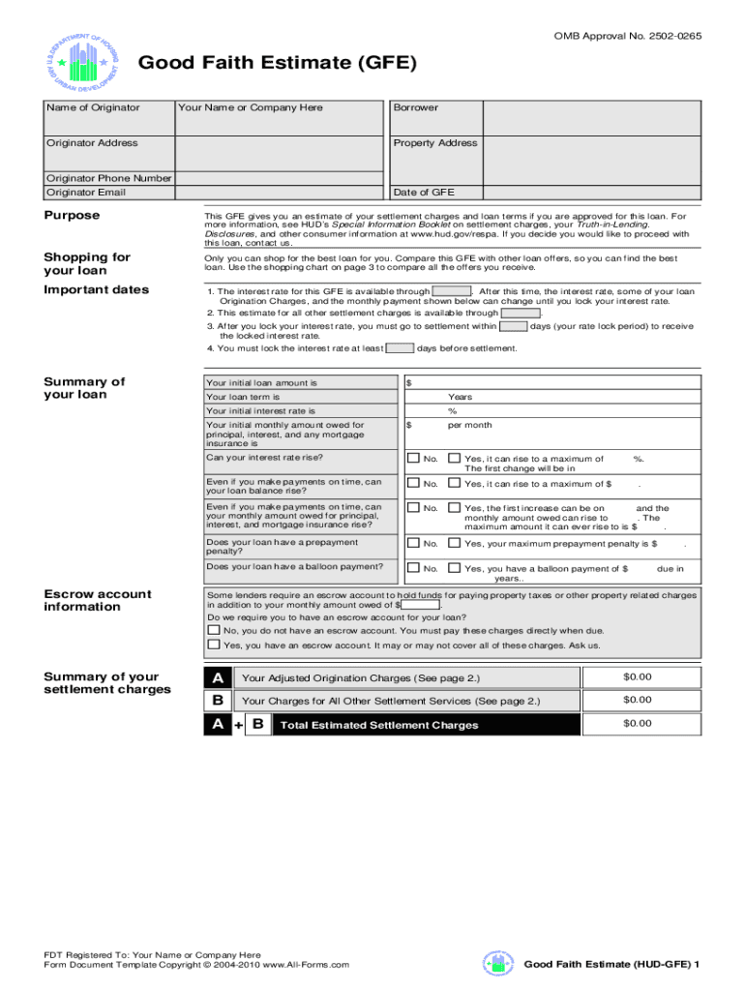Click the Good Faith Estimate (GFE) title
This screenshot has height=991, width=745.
[279, 64]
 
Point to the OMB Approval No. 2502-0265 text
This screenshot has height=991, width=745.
[627, 36]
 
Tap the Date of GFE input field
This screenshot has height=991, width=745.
[590, 192]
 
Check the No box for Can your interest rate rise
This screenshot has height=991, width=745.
[413, 459]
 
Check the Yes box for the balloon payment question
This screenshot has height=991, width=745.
[455, 568]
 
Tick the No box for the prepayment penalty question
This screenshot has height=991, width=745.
[413, 544]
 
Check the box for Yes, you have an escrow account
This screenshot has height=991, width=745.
[214, 645]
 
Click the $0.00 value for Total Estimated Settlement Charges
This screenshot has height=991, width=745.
[638, 724]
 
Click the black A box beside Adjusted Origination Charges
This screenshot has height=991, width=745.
[218, 676]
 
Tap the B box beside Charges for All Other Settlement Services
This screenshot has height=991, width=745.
[218, 700]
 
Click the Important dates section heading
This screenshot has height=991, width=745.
[96, 289]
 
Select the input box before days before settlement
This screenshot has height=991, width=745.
[401, 348]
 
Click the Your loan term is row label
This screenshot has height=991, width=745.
[243, 397]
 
